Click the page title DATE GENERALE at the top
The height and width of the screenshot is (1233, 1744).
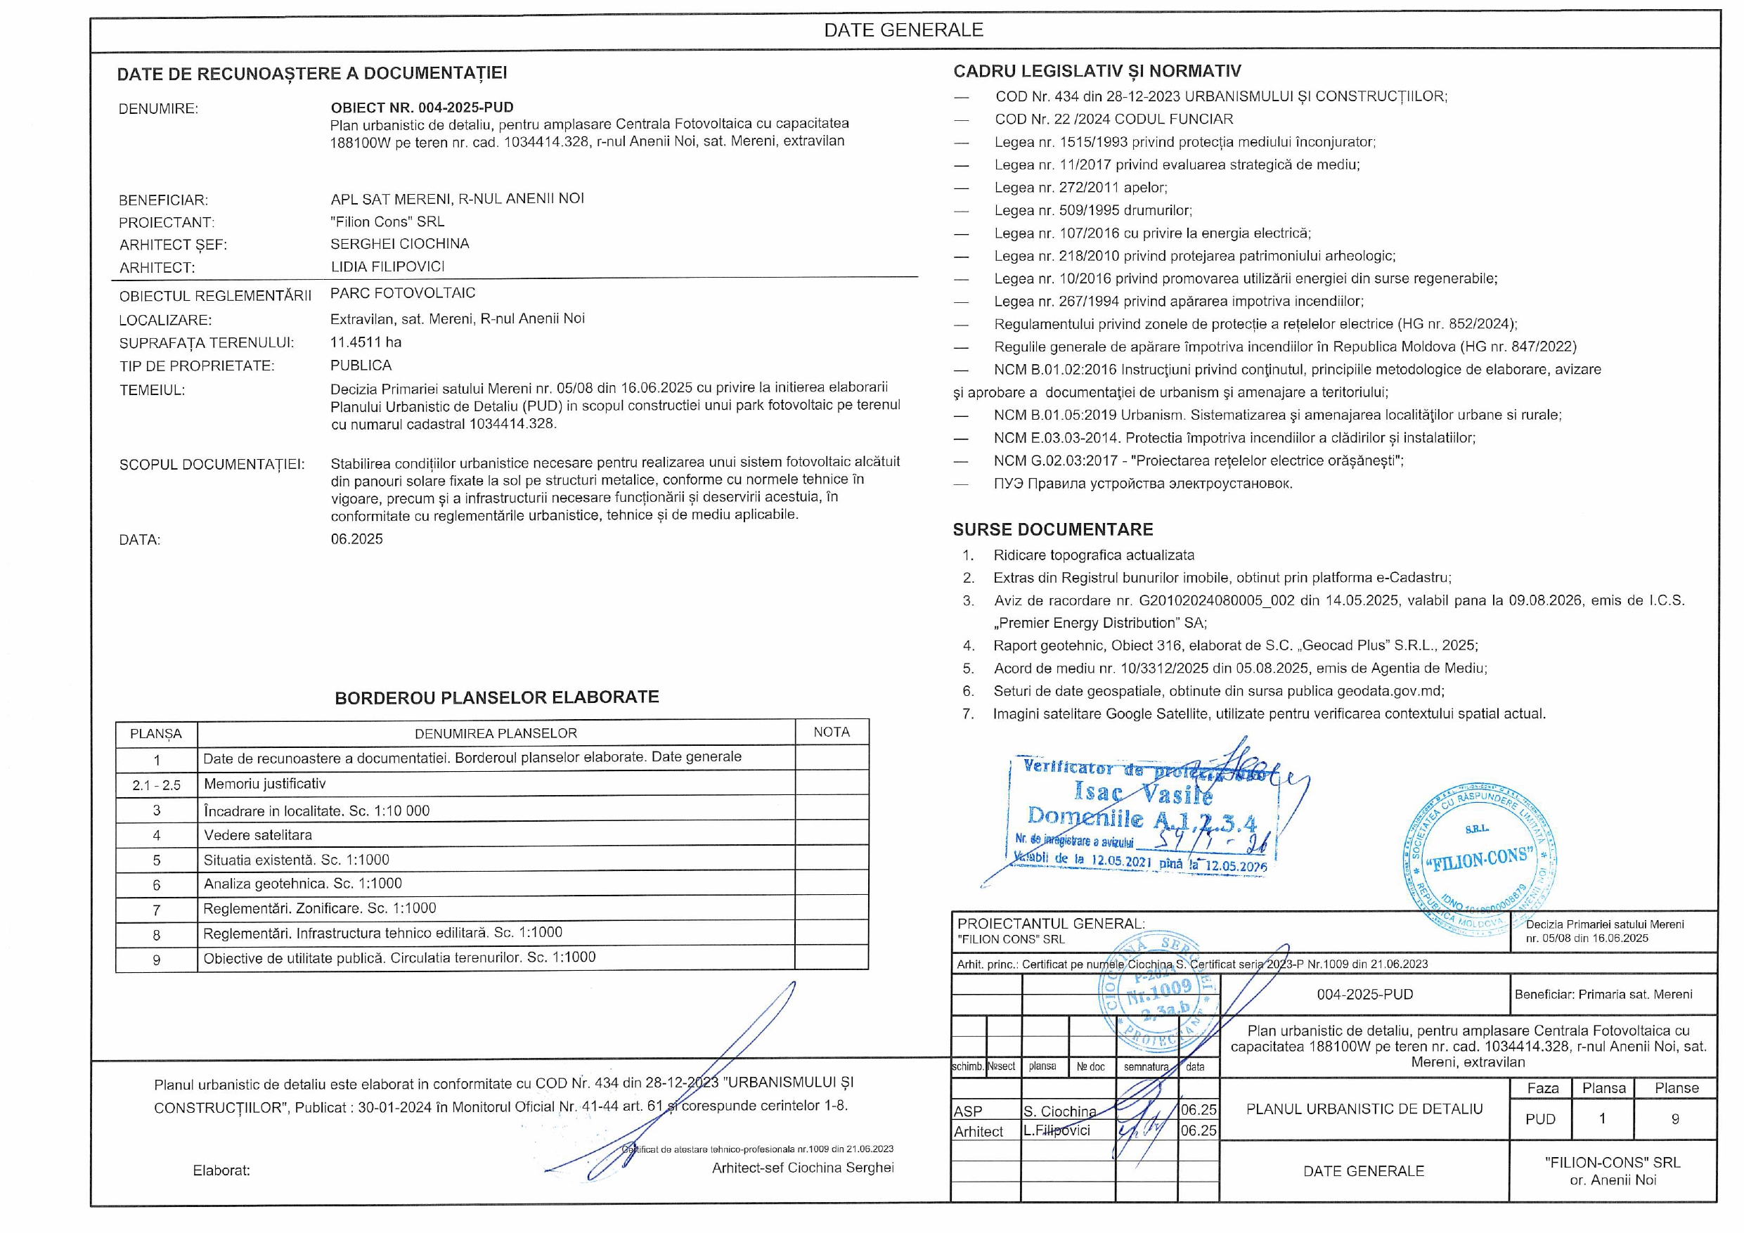click(x=903, y=30)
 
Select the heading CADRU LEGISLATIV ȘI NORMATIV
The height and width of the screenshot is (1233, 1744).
click(x=1097, y=72)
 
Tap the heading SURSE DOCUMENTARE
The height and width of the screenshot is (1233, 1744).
click(x=1053, y=529)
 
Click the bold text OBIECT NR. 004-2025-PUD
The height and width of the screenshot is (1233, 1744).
click(x=422, y=107)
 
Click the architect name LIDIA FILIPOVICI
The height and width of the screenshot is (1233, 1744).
click(x=387, y=266)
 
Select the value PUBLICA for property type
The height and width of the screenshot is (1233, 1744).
click(x=361, y=366)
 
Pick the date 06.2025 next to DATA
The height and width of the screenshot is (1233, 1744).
click(x=356, y=538)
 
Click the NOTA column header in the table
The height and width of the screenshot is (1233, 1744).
click(x=831, y=732)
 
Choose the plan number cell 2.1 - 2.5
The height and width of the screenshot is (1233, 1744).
click(x=157, y=785)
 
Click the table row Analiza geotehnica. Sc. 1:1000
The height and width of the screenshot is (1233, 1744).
click(x=302, y=884)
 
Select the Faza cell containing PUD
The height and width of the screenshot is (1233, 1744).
click(x=1540, y=1119)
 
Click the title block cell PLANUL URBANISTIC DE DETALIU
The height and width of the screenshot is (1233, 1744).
click(x=1364, y=1109)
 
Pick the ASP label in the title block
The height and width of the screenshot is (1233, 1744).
click(x=968, y=1111)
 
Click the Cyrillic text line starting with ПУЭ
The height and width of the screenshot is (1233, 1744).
click(x=1142, y=483)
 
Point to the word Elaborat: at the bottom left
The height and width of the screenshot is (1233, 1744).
click(x=221, y=1170)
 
